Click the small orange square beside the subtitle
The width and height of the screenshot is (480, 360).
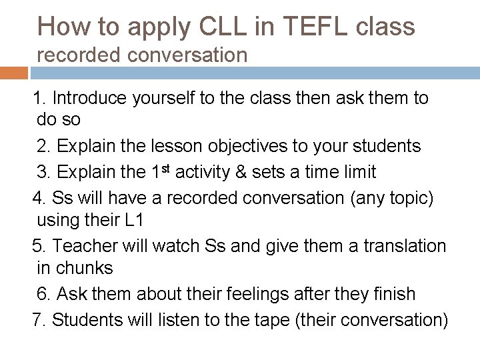(x=12, y=67)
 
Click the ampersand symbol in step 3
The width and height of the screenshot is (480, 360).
(x=238, y=171)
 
